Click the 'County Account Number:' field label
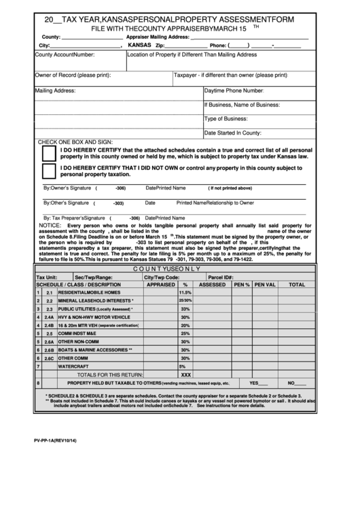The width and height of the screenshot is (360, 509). (x=65, y=54)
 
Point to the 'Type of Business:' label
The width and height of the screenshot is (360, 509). (x=229, y=119)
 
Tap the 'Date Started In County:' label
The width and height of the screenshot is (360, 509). (x=233, y=133)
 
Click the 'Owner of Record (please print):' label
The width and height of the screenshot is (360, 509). (x=73, y=75)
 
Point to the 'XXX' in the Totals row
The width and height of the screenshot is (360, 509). (x=185, y=374)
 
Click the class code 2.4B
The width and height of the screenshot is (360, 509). (x=50, y=326)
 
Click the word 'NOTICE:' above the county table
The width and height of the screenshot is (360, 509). (x=50, y=224)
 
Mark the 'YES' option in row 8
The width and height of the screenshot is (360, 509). (x=254, y=383)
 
